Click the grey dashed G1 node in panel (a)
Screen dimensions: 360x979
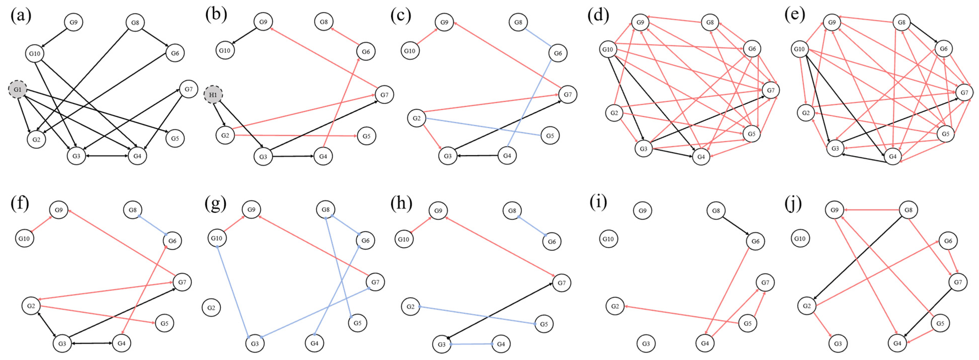click(x=18, y=90)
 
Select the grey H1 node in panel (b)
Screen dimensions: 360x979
click(x=213, y=95)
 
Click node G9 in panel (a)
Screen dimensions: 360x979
click(x=73, y=22)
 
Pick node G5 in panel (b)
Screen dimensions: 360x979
click(x=366, y=136)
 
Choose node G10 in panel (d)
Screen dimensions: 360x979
click(x=608, y=49)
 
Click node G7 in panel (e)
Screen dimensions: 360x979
click(x=964, y=93)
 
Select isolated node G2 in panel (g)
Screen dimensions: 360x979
click(x=211, y=308)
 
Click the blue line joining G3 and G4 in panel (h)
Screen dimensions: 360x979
click(x=471, y=344)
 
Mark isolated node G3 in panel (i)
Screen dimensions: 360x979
click(x=646, y=344)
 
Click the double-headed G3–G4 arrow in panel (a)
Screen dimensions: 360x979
click(x=107, y=156)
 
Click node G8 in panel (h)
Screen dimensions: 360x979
click(x=512, y=211)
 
